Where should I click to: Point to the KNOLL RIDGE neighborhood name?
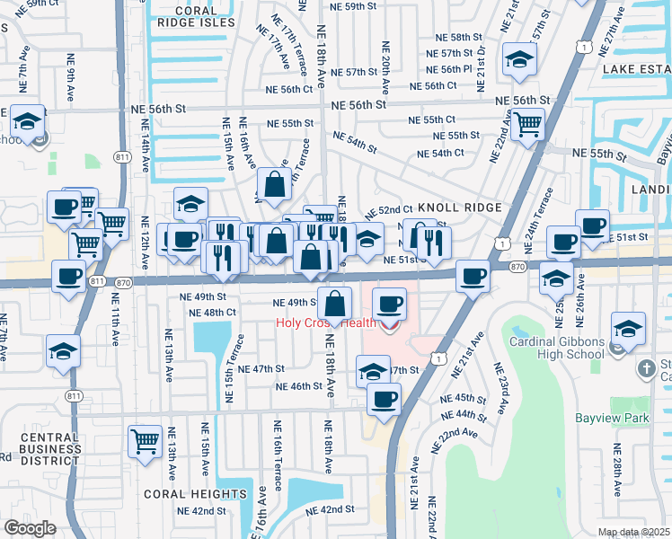click(x=458, y=208)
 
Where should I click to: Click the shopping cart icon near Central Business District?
click(x=145, y=441)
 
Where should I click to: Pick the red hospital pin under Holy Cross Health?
click(x=390, y=325)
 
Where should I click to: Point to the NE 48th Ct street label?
click(x=213, y=313)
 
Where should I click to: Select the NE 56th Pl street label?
click(x=449, y=69)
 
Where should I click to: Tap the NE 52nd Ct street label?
click(x=389, y=209)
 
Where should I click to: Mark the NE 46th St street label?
click(x=299, y=386)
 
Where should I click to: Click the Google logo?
click(x=29, y=528)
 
